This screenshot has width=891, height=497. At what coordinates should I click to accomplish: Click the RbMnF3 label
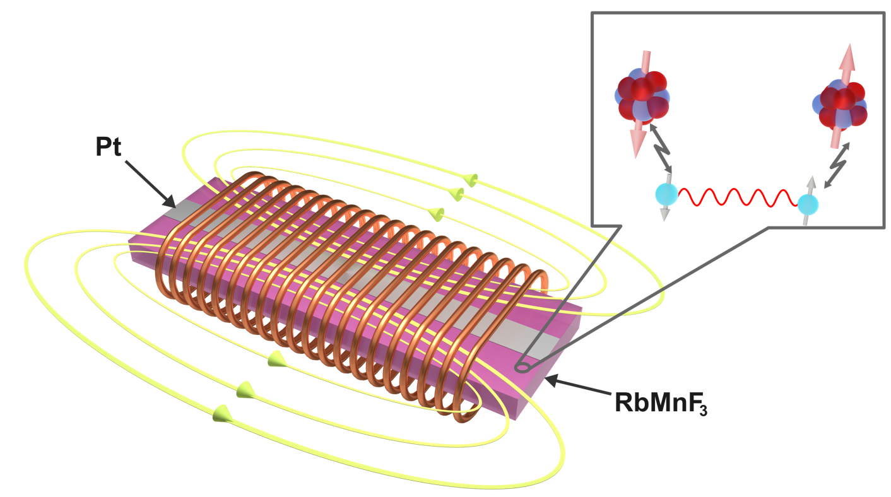point(659,403)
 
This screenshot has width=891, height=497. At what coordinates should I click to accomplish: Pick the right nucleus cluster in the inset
point(841,103)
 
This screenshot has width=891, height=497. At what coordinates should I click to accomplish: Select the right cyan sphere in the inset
point(808,204)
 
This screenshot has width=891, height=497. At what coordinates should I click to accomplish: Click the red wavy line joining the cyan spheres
point(736,196)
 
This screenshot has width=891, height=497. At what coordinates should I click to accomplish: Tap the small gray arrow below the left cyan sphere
point(664,213)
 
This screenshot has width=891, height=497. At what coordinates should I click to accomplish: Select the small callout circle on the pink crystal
point(523,366)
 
